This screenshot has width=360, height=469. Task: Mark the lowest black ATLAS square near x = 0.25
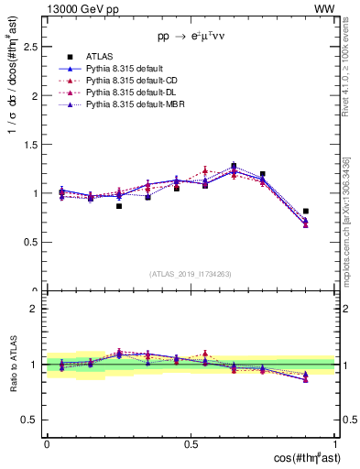click(119, 206)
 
